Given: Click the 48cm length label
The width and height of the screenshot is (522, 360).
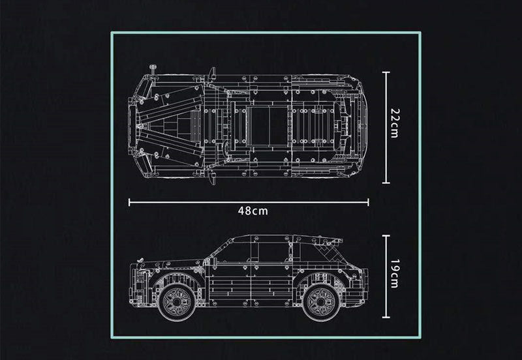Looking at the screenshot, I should click(251, 211).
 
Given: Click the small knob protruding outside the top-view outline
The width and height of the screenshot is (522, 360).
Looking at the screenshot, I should click(153, 67).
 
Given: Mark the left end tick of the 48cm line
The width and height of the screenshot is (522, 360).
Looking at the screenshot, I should click(129, 202).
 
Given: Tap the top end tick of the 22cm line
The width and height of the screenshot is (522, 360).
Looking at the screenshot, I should click(386, 72).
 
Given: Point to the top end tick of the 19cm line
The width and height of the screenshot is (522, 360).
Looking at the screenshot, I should click(386, 237).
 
